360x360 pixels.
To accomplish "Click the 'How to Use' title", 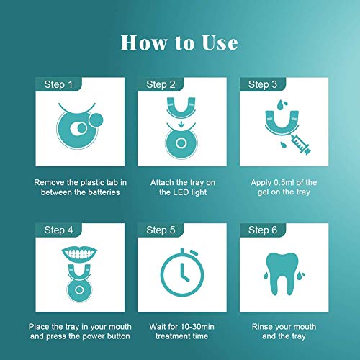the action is (179, 42).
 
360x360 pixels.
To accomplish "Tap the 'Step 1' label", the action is (58, 84).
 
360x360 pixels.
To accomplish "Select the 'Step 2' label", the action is (161, 84).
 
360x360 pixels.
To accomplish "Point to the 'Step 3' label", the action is (263, 84).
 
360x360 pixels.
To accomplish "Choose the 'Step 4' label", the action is (58, 230).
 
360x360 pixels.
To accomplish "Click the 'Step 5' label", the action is (161, 230).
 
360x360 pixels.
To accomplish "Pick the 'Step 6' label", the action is (263, 230).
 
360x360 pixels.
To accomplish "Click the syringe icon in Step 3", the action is (301, 144).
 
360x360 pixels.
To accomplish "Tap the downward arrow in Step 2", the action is (181, 125).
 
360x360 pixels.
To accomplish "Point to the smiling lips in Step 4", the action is (79, 253).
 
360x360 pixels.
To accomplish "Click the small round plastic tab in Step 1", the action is (96, 120).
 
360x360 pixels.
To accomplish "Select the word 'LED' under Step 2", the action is (181, 192).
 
